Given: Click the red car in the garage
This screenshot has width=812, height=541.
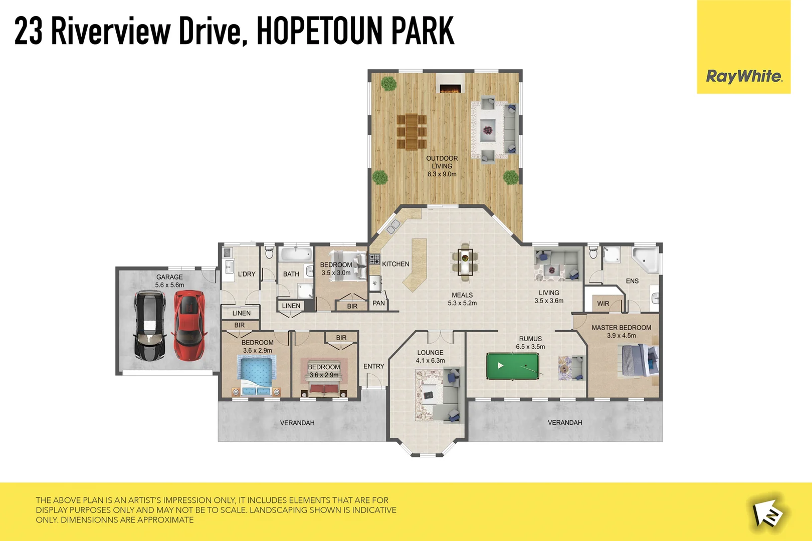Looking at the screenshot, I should pos(189,325).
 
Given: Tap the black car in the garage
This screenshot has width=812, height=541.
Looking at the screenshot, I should pos(150,326).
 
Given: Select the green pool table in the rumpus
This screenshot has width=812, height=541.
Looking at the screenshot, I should pos(512,366).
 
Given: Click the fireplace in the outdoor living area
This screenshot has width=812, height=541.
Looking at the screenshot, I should pos(450,88).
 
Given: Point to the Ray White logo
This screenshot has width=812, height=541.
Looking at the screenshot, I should pos(744,76).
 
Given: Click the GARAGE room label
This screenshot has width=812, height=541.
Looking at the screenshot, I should pos(169,277).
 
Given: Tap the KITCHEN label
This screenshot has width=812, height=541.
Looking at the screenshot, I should pos(395,264).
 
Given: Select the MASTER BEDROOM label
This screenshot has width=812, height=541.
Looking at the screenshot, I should pos(621,328).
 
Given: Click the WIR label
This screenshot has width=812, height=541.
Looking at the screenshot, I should pos(603,304).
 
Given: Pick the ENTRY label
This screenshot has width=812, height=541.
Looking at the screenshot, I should pos(374,366).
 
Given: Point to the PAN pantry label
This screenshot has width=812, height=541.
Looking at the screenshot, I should pos(379,303).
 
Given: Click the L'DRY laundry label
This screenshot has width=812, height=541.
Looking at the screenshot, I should pos(247,274).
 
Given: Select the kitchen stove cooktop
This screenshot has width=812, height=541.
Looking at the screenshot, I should pos(374,259).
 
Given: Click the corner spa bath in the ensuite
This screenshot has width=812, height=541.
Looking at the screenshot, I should pos(646,258).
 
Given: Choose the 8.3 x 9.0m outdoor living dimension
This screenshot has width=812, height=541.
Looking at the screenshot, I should pos(442,174).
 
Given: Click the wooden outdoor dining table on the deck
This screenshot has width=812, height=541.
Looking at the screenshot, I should pos(412,132).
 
